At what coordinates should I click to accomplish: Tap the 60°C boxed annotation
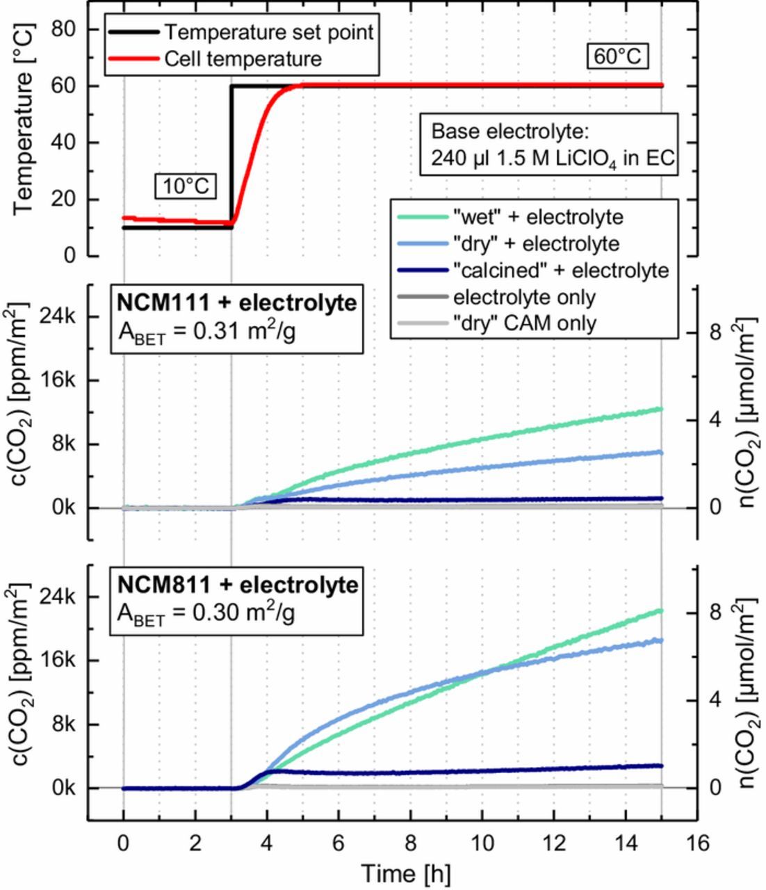(617, 56)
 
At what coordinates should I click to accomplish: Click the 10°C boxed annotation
(186, 186)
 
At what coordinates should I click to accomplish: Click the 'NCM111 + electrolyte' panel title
(236, 303)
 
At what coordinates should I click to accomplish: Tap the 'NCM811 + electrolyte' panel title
(236, 585)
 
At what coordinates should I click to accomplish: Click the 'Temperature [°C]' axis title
(22, 143)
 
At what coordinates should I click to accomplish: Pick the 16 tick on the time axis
(697, 843)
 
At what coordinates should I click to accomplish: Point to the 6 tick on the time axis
(339, 843)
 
